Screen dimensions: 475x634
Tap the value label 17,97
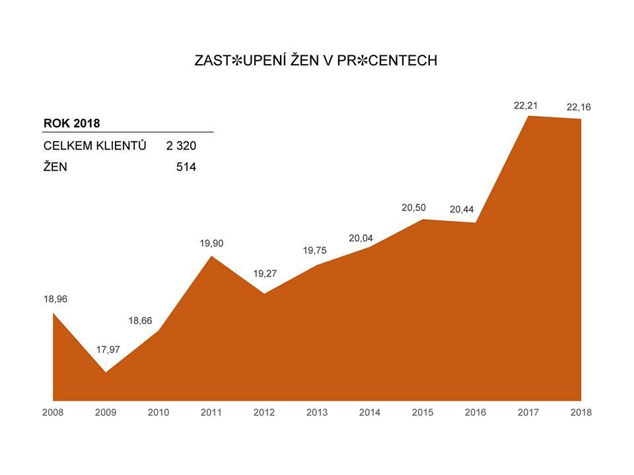click(x=108, y=349)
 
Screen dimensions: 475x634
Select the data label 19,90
click(x=211, y=243)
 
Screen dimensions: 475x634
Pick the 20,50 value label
click(x=413, y=208)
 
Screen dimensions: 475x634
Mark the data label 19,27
click(x=265, y=273)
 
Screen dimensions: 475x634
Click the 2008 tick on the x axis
click(x=53, y=412)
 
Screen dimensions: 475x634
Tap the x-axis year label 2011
click(x=211, y=412)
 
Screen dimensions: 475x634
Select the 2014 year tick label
click(x=370, y=412)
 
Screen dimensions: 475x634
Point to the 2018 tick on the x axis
click(x=581, y=412)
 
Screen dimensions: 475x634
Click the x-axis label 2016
click(x=475, y=412)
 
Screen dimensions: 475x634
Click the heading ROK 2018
click(x=71, y=123)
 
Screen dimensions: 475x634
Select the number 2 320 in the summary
click(x=181, y=146)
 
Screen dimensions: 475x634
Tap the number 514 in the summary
click(x=186, y=168)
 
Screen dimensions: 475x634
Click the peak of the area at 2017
click(x=529, y=116)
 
